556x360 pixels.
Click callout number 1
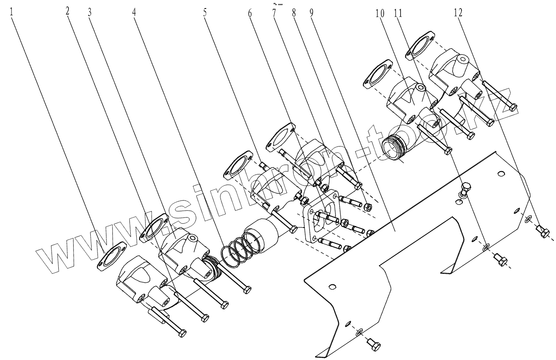pos(11,11)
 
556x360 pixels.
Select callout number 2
pos(67,11)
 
